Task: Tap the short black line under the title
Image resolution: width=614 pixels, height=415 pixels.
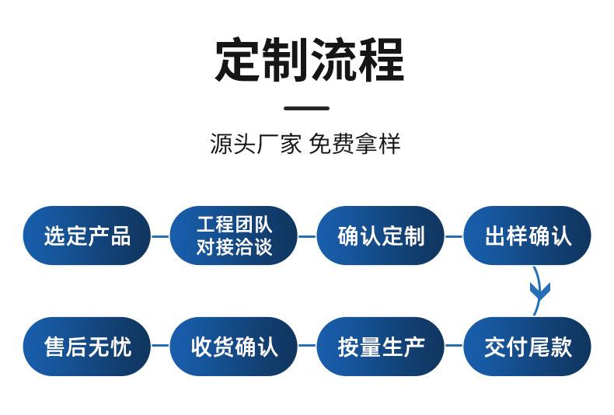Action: coord(306,108)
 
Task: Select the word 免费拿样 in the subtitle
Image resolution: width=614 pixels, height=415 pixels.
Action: coord(354,144)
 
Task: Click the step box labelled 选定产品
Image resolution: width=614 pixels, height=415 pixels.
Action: coord(86,235)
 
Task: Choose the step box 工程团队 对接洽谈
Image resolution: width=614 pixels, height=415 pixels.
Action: coord(233,235)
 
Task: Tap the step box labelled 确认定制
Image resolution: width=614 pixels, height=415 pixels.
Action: coord(380,235)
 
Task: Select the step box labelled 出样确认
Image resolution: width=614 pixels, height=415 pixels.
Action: coord(527,235)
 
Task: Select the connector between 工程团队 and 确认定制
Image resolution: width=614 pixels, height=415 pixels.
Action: coord(307,236)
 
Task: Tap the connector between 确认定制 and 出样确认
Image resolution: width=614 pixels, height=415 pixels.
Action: coord(454,236)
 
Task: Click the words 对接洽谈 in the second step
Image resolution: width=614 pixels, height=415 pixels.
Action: coord(233,248)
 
